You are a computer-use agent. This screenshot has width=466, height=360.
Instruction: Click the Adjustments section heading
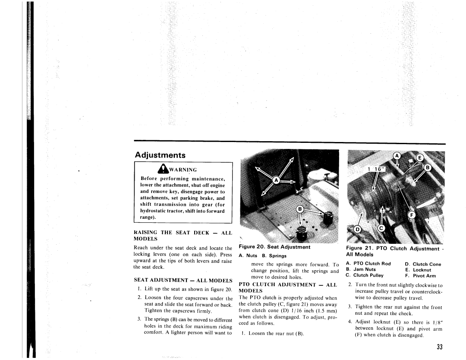click(160, 155)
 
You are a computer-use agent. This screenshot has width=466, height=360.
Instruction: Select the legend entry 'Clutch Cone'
click(427, 264)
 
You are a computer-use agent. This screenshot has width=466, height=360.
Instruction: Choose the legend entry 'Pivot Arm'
click(424, 276)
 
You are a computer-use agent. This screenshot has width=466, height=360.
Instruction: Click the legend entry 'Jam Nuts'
click(364, 269)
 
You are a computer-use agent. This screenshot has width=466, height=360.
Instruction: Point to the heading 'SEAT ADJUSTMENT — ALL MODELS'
click(183, 281)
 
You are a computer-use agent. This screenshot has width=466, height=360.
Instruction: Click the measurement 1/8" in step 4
click(436, 322)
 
